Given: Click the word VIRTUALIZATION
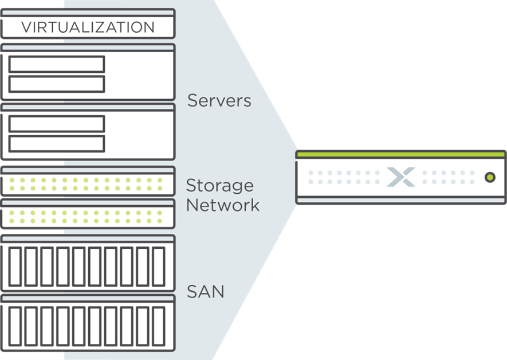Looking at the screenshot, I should point(88,27).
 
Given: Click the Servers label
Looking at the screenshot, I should point(219,100).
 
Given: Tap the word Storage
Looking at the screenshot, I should point(219,186).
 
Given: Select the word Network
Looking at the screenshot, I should point(223,205).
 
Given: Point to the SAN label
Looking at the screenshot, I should point(206,292).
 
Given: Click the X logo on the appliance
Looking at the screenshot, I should point(400,177).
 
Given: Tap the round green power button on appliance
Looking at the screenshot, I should point(489,177).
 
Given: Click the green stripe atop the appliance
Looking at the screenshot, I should point(401,155).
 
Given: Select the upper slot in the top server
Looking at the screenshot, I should point(57,64).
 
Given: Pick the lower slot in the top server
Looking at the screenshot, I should point(57,84).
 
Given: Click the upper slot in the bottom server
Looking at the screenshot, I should point(57,124).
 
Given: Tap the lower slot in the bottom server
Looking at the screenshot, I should point(57,143).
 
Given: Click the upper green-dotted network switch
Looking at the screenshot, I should point(88,184).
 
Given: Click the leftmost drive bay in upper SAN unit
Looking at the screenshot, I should point(15,267).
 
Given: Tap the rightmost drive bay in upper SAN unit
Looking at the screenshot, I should point(159,267).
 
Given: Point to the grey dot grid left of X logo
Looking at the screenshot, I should point(343,177).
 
